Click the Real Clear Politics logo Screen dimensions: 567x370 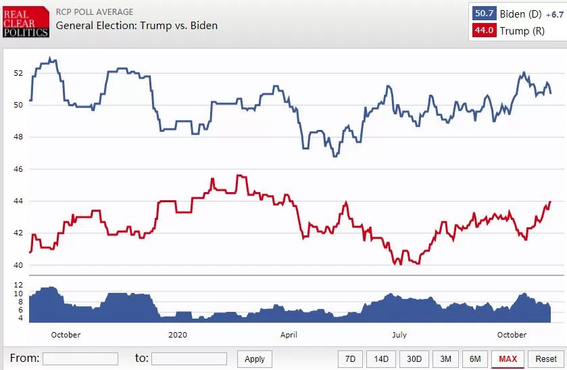tap(26, 22)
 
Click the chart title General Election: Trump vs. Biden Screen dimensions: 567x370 tap(137, 26)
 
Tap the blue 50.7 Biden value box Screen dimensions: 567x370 tap(484, 14)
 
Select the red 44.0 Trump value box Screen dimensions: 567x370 tap(484, 30)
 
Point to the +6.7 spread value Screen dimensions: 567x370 tap(555, 14)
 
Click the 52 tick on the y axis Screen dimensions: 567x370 tap(18, 73)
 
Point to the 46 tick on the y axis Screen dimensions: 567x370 tap(18, 169)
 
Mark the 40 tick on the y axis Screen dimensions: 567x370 tap(18, 265)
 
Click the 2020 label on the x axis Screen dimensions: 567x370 tap(178, 335)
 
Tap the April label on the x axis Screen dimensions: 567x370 tap(289, 335)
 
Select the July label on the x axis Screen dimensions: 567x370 tap(399, 335)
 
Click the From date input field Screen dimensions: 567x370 tap(80, 359)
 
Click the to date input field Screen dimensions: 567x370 tap(189, 359)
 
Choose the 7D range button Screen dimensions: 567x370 tap(350, 359)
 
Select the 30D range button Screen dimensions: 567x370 tap(414, 359)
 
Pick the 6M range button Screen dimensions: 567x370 tap(475, 359)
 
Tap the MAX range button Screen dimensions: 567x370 tap(508, 359)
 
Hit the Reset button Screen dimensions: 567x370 tap(545, 359)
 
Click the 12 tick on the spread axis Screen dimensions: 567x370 tap(18, 285)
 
